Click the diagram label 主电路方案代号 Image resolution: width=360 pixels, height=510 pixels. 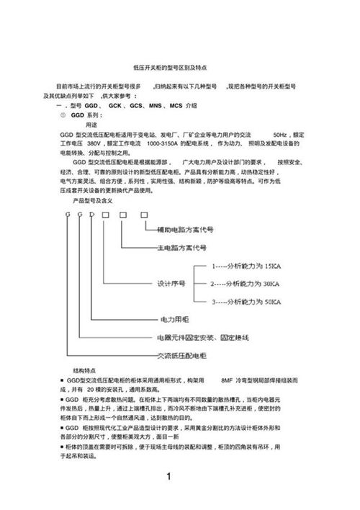pyautogui.click(x=182, y=246)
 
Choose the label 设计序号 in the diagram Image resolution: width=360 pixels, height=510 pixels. pyautogui.click(x=173, y=284)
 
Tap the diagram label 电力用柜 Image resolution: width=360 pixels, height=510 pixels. pyautogui.click(x=172, y=319)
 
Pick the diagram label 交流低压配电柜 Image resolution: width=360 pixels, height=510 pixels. pyautogui.click(x=181, y=356)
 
